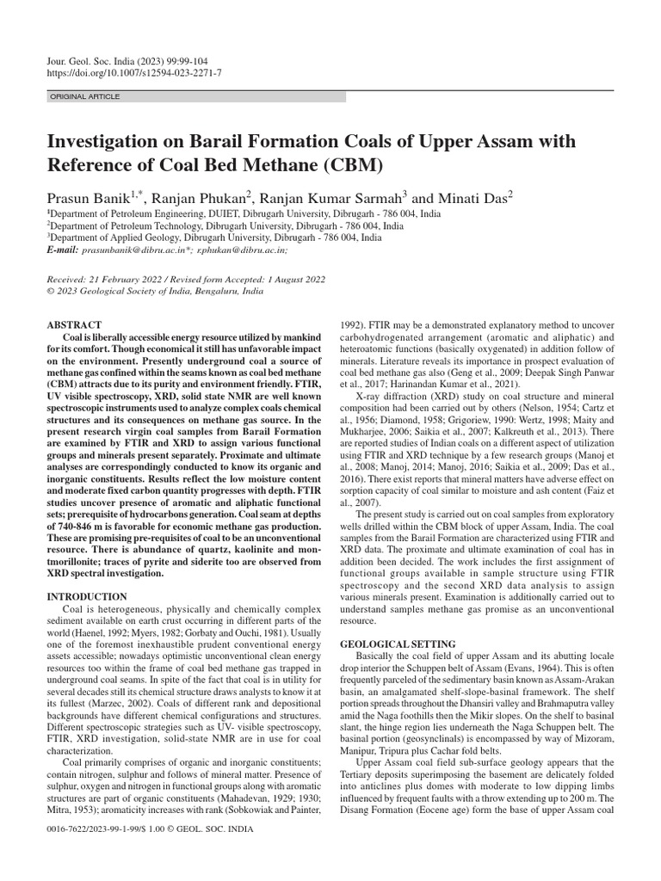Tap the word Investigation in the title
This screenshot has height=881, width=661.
coord(112,141)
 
